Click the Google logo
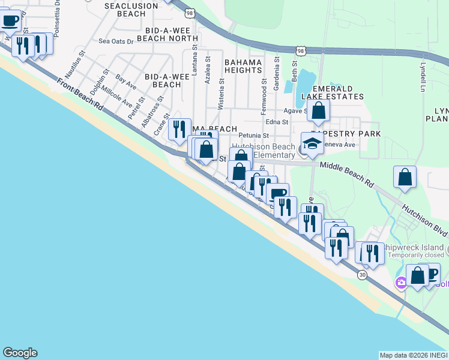(20, 353)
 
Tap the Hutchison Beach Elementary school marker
(312, 144)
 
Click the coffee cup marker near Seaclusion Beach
(10, 21)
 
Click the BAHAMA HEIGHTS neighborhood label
(244, 66)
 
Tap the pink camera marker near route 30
(400, 282)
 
